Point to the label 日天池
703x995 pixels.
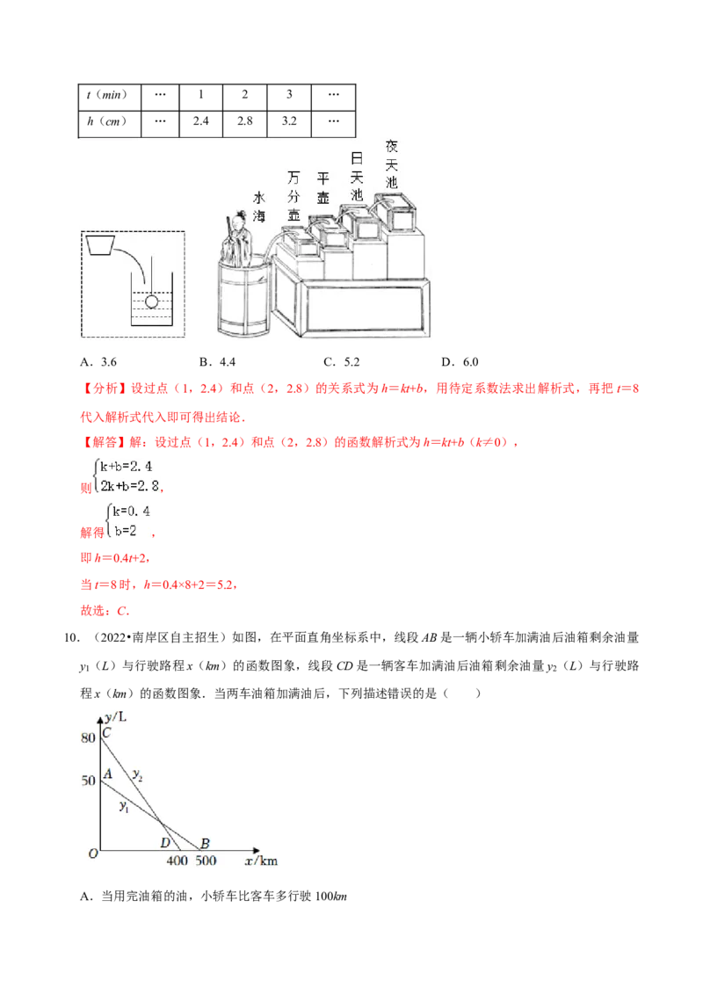[x=356, y=177]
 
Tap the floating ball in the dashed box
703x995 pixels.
[x=151, y=301]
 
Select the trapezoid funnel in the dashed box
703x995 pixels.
[x=104, y=243]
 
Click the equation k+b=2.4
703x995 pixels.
[x=131, y=468]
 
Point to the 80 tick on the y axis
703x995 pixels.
[x=87, y=738]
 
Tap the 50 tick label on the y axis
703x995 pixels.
[x=87, y=781]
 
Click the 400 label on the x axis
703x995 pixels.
[x=177, y=861]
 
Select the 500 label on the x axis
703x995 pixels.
[x=206, y=861]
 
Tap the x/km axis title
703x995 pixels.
[x=261, y=861]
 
